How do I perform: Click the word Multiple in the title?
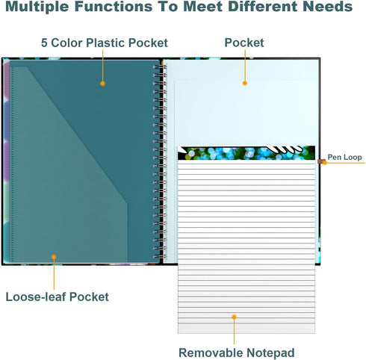click(x=37, y=6)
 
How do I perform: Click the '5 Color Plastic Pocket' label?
click(x=105, y=43)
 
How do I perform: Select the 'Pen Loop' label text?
click(x=344, y=157)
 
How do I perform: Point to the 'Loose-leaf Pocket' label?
click(x=57, y=297)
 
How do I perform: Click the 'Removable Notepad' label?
click(x=237, y=353)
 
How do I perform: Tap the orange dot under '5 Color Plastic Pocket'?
click(x=102, y=84)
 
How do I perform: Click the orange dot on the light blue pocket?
click(x=245, y=83)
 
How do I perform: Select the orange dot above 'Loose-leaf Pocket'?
click(x=54, y=257)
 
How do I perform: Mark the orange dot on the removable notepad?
click(x=234, y=317)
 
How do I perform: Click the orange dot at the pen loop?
click(x=324, y=163)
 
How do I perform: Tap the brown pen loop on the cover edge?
click(x=320, y=161)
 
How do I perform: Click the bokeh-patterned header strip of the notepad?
click(x=246, y=153)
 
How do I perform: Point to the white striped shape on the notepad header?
click(x=285, y=149)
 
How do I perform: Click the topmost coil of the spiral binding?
click(x=160, y=66)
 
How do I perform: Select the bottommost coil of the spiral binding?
click(x=160, y=256)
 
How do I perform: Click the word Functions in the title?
click(x=114, y=6)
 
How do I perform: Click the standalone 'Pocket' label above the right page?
click(x=244, y=43)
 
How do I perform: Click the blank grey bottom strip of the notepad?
click(x=246, y=329)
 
